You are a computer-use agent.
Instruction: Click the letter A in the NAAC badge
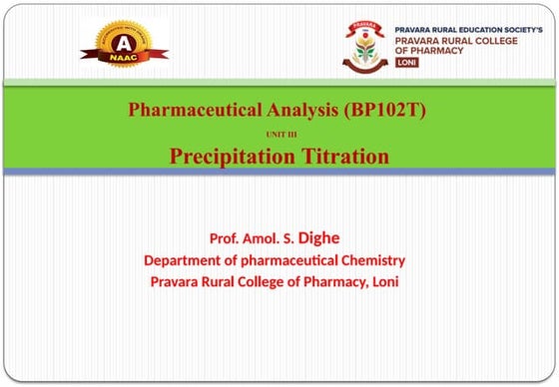[124, 43]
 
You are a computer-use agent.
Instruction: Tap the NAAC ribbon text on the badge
[124, 61]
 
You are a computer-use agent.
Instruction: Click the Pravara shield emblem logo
[364, 45]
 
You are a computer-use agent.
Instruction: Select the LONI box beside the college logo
[406, 62]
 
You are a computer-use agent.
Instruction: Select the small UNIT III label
[279, 133]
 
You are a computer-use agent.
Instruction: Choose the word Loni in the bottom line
[384, 282]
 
